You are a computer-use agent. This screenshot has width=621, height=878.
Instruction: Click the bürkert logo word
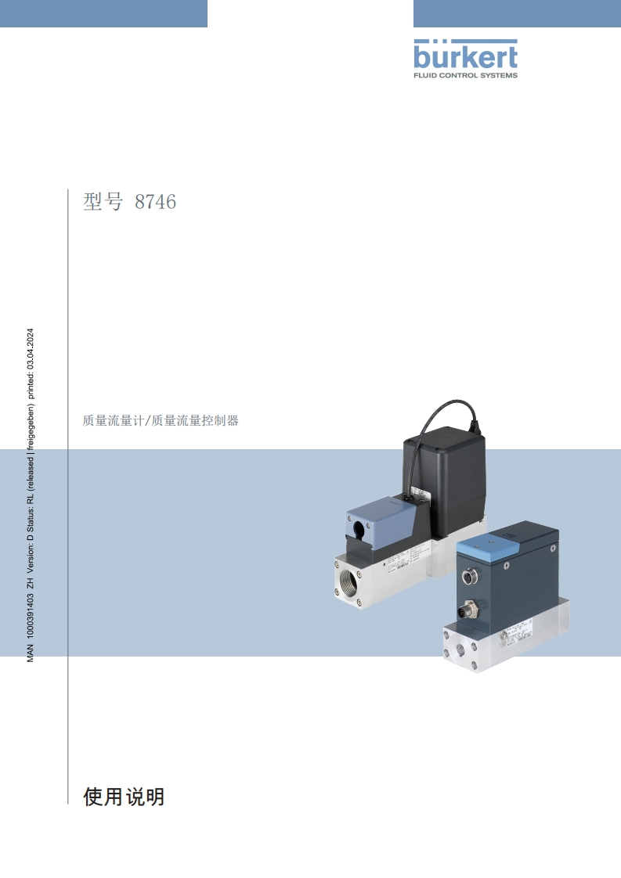pyautogui.click(x=465, y=56)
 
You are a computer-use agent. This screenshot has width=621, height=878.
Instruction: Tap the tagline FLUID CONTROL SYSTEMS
pyautogui.click(x=465, y=75)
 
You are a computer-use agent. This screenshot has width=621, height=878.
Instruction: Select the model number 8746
pyautogui.click(x=155, y=202)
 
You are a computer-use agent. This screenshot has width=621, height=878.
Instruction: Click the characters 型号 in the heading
pyautogui.click(x=103, y=202)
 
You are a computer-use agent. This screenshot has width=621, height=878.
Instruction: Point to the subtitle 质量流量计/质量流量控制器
pyautogui.click(x=161, y=420)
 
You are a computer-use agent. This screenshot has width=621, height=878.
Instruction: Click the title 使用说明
pyautogui.click(x=124, y=797)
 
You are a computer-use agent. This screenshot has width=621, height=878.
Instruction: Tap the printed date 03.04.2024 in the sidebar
pyautogui.click(x=31, y=347)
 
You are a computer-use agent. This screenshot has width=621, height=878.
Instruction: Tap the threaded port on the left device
pyautogui.click(x=348, y=584)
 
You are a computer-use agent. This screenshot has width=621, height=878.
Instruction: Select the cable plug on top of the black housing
pyautogui.click(x=472, y=426)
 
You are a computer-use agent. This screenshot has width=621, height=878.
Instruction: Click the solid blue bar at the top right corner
pyautogui.click(x=517, y=13)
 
